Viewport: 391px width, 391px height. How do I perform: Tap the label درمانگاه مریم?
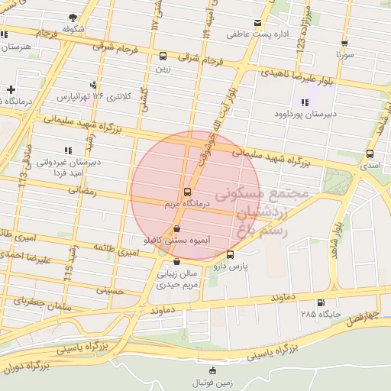click(x=184, y=205)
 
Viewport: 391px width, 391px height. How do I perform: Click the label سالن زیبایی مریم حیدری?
click(x=177, y=277)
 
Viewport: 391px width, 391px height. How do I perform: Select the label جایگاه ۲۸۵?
click(x=321, y=315)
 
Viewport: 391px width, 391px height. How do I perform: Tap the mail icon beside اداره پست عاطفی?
click(x=257, y=23)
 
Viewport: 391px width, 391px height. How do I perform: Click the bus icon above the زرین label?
click(x=163, y=56)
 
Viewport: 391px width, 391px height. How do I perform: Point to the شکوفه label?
click(x=73, y=29)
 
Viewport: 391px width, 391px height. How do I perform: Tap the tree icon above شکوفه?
click(x=73, y=17)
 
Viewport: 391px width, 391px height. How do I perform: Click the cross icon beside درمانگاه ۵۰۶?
click(x=11, y=89)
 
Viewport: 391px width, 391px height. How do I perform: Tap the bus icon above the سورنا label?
click(x=344, y=44)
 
